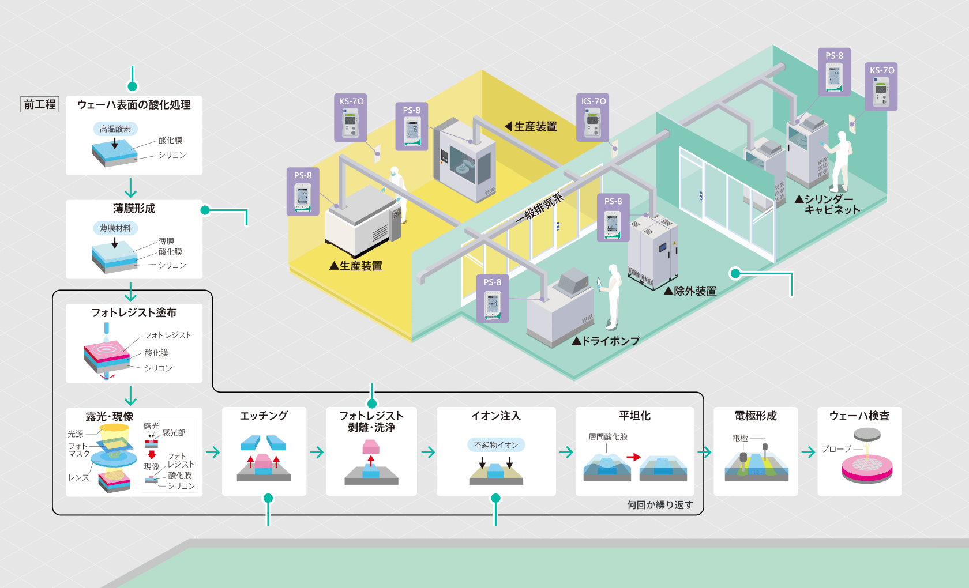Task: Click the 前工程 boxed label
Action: coord(40,104)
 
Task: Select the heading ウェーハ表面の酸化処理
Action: coord(134,105)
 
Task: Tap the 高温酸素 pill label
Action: coord(115,129)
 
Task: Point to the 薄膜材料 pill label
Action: coord(115,228)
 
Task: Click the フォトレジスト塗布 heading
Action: coord(134,312)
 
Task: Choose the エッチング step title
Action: coord(264,416)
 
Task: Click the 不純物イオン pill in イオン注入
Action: coord(496,445)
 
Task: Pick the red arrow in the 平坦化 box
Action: coord(634,457)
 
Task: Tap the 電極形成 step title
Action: coord(756,416)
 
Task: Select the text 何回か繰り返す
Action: coord(660,505)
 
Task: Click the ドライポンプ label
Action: coord(606,341)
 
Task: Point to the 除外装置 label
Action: coord(690,291)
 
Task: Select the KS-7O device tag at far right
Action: coord(881,86)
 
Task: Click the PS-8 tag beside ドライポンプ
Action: coord(493,299)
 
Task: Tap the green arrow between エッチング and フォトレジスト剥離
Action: coord(317,453)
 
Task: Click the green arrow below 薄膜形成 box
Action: coord(131,291)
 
